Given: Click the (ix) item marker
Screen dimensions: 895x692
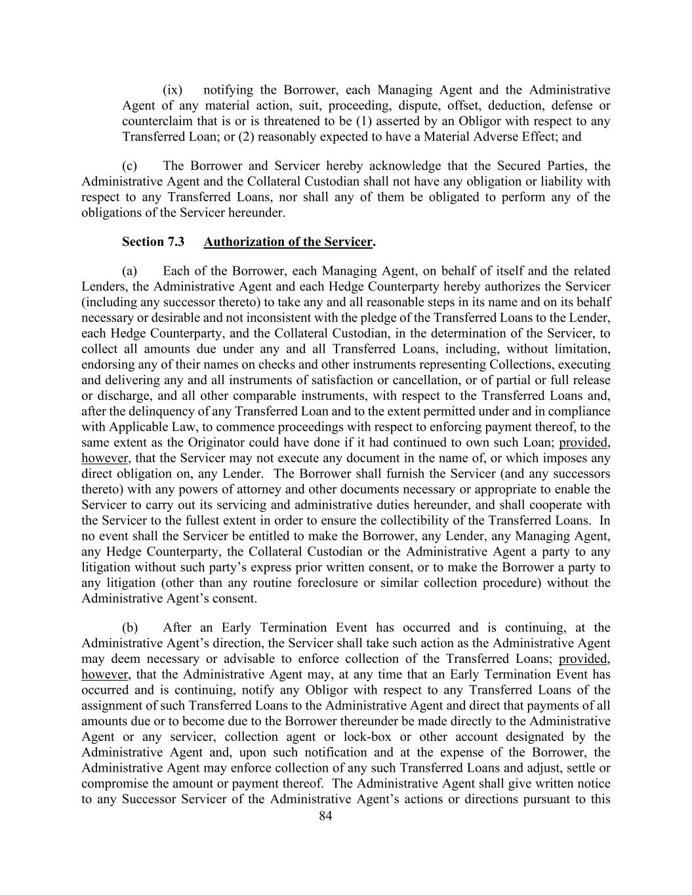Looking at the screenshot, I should coord(173,90).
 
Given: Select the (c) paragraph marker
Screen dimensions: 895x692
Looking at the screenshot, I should coord(129,166).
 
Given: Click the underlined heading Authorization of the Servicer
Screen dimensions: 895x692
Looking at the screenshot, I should coord(288,242).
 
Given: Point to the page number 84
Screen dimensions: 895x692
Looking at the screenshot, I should coord(325,816).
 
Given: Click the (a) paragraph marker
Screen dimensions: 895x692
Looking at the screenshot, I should coord(129,271).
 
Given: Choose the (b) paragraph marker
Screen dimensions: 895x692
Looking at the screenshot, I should coord(129,627).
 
